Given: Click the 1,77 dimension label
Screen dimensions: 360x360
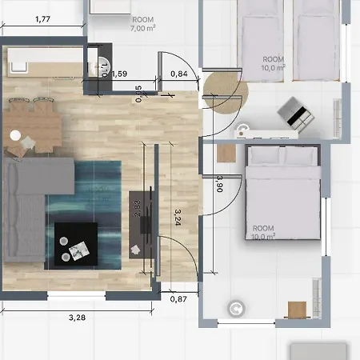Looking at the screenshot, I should (43, 21).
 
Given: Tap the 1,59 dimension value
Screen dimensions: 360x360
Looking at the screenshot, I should (119, 74).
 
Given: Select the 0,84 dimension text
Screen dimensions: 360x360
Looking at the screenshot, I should (179, 74).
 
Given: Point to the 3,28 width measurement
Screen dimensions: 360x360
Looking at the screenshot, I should (77, 317).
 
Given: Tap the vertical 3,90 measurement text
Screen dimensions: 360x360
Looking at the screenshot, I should (220, 186).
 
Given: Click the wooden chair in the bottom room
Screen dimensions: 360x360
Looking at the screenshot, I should (297, 310).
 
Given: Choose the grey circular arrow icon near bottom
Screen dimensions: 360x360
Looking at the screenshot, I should (236, 308).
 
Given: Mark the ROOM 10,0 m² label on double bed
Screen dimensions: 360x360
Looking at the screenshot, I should (265, 231).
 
